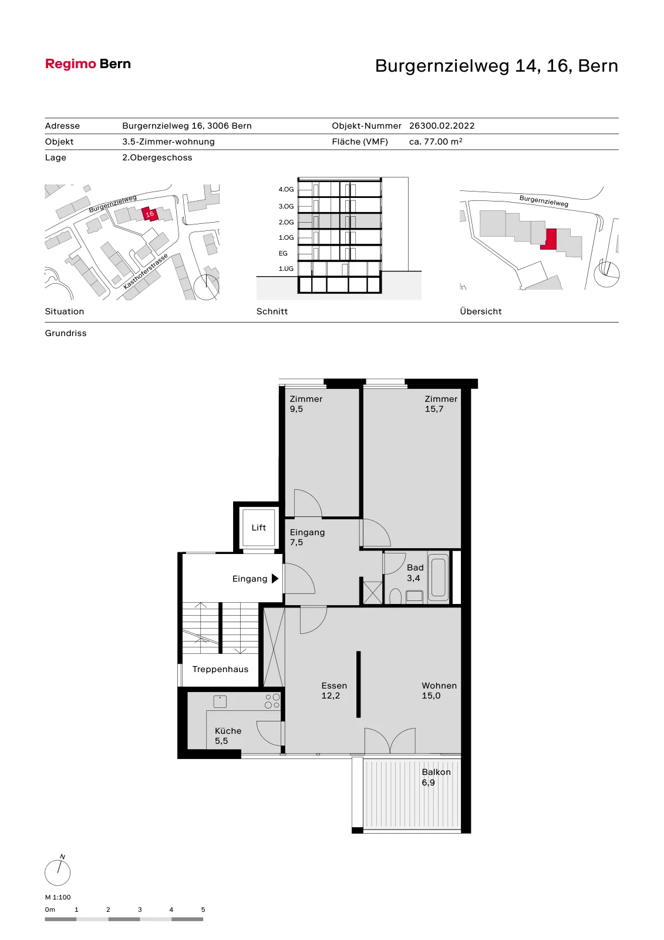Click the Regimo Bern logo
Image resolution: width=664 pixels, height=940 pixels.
[x=87, y=64]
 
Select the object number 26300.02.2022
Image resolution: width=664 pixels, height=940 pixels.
[x=441, y=126]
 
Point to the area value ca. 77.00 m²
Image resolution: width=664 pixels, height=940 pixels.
[x=436, y=142]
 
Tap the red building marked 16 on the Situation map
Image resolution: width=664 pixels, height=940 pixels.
[x=150, y=214]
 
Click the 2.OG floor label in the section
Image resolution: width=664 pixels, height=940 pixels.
[x=286, y=222]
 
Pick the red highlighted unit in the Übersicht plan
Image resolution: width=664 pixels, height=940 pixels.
[x=549, y=239]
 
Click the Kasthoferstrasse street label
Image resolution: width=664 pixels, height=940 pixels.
[x=146, y=271]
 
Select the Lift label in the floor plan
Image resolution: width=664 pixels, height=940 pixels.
[x=259, y=528]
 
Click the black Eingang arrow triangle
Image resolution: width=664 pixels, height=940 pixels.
[x=275, y=579]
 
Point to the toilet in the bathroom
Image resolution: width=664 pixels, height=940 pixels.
[x=395, y=596]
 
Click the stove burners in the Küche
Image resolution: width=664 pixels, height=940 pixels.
[x=272, y=701]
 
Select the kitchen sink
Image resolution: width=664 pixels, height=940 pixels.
[x=220, y=701]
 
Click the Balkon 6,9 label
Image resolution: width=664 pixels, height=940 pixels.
[x=436, y=777]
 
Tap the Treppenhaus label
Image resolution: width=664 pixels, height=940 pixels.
[x=220, y=669]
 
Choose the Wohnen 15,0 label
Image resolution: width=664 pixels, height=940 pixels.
[x=439, y=690]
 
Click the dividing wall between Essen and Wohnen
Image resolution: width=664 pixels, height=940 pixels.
[x=358, y=684]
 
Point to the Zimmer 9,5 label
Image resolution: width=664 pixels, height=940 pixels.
[x=306, y=404]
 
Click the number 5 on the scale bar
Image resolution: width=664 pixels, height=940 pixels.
[x=203, y=909]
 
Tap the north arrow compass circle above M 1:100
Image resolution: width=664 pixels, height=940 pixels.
[x=58, y=873]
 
